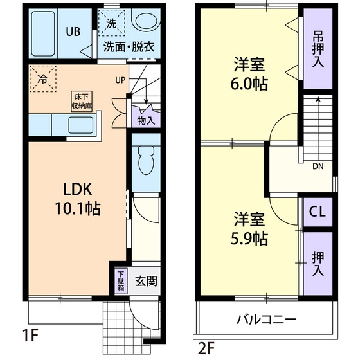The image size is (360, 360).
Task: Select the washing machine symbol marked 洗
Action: click(112, 23)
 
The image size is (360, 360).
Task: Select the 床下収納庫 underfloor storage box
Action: click(81, 100)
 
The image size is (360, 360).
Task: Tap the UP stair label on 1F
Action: click(120, 80)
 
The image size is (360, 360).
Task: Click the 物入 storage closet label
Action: click(145, 120)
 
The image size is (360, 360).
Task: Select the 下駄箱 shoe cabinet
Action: click(121, 281)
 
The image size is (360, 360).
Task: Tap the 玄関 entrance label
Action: click(146, 282)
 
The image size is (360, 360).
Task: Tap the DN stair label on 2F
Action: click(318, 165)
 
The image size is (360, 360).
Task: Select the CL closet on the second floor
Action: click(318, 211)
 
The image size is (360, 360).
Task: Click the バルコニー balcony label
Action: click(265, 318)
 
